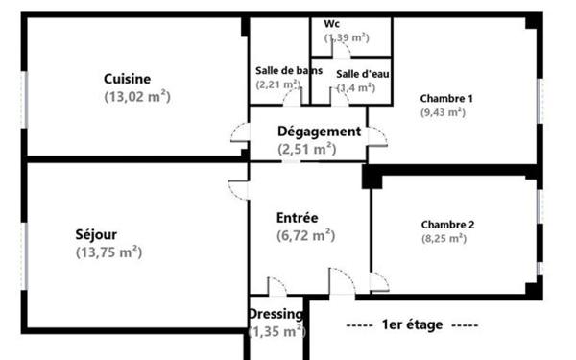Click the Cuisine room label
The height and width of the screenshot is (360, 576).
click(128, 79)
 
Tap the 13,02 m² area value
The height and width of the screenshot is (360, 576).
click(137, 95)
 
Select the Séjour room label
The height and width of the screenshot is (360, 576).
click(98, 235)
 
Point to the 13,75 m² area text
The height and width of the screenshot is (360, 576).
click(108, 252)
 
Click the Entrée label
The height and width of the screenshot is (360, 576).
click(297, 218)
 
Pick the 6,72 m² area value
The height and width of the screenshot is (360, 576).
click(305, 235)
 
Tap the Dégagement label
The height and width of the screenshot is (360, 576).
click(319, 132)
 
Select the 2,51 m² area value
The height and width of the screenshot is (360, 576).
click(306, 149)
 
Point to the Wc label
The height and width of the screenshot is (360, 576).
click(332, 23)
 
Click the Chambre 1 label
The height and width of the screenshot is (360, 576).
click(447, 98)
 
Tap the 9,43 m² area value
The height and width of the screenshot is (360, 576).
click(443, 112)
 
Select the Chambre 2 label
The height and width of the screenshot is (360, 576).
click(447, 225)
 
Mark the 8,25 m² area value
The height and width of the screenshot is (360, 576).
click(444, 239)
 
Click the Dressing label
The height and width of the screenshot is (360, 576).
click(276, 314)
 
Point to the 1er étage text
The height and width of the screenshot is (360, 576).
click(411, 325)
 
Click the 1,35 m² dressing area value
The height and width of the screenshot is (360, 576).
click(276, 331)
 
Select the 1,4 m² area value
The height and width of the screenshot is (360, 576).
click(355, 88)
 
